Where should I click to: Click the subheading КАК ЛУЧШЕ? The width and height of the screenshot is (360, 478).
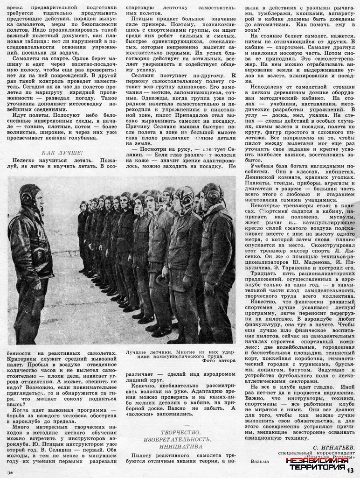tap(62, 153)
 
